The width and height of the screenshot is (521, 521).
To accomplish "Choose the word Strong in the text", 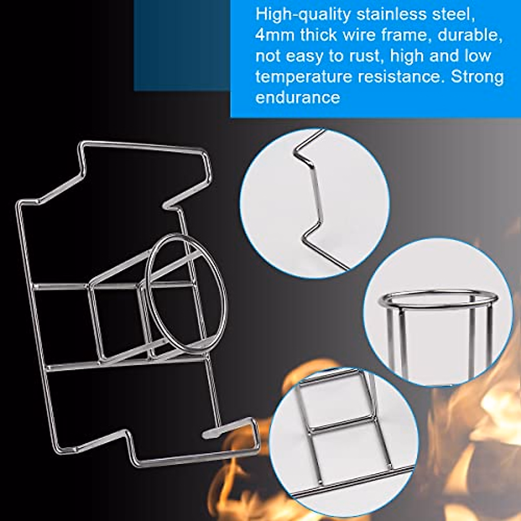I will pos(478,77).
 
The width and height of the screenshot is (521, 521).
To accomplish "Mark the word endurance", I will pos(297,97).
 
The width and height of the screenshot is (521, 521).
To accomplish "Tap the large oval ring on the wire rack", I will pos(186,293).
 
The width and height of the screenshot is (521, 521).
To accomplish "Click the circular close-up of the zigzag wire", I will pos(314,203).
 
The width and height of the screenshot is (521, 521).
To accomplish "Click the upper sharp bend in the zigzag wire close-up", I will pos(297,153).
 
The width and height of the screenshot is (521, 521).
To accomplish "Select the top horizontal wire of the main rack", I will pos(143,146).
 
